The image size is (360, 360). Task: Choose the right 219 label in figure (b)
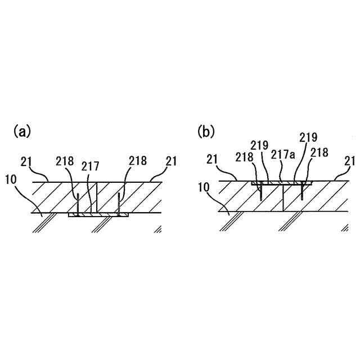308,137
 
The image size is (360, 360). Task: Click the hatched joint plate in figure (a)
98,215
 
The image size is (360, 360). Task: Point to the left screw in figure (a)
78,204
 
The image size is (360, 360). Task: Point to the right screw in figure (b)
303,192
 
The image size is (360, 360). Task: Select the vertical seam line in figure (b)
283,199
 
